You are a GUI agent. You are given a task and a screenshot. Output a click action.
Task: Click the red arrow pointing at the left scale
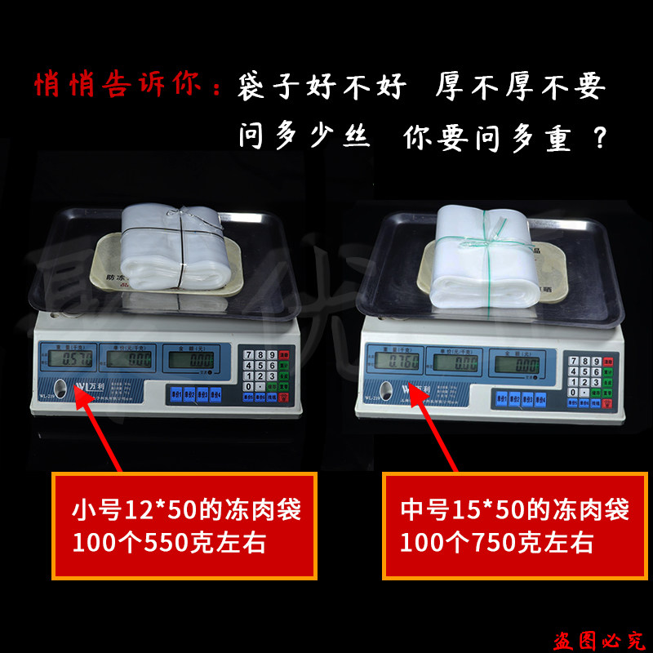pos(97,429)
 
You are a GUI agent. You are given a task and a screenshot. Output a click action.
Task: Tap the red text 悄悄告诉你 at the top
pos(118,87)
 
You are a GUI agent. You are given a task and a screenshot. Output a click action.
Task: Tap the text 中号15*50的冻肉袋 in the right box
pos(514,512)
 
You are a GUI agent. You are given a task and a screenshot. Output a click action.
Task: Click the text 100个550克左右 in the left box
pos(169,542)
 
